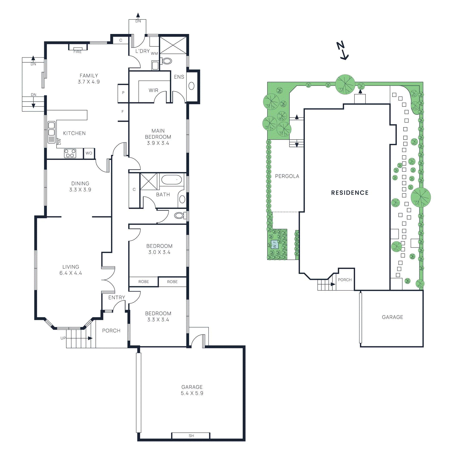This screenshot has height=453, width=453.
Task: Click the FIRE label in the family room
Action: tap(78, 52)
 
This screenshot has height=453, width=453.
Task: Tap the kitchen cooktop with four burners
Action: tap(70, 153)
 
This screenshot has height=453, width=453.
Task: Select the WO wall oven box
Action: tap(89, 153)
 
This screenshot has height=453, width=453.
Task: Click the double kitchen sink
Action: tap(52, 129)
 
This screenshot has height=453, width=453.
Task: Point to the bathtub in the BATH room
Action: tap(171, 180)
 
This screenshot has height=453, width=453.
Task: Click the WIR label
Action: tap(153, 90)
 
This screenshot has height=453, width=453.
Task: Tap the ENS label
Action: tap(179, 77)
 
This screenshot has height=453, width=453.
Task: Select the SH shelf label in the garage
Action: tap(191, 436)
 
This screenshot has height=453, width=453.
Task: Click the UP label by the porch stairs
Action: tap(63, 338)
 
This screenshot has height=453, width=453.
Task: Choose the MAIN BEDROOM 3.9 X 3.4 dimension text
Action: tap(158, 143)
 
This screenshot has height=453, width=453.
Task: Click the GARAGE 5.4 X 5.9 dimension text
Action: tap(192, 393)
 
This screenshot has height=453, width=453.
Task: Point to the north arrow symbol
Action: tap(343, 50)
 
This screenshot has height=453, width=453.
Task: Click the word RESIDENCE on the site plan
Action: tap(350, 193)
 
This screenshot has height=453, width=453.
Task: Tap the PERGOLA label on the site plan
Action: tap(287, 176)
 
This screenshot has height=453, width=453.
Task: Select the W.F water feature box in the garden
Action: tap(275, 244)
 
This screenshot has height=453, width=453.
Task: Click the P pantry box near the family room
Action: tap(123, 93)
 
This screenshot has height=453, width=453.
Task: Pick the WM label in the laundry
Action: tap(154, 54)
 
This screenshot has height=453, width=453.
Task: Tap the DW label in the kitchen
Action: tap(59, 141)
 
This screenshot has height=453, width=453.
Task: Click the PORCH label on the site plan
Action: tap(345, 280)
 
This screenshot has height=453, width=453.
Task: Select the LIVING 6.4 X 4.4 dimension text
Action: tap(71, 273)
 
